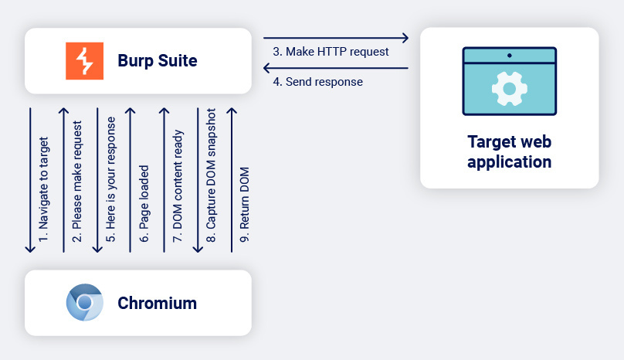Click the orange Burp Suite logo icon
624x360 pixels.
[84, 61]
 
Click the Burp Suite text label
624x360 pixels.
[157, 61]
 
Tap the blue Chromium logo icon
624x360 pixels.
[84, 302]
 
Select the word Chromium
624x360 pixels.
[157, 303]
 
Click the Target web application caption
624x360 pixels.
[509, 151]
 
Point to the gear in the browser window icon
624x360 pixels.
[509, 89]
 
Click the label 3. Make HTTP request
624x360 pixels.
[331, 52]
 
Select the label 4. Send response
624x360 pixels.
[317, 81]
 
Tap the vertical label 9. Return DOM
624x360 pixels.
[245, 212]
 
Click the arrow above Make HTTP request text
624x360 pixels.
[335, 37]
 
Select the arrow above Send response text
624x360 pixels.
[335, 68]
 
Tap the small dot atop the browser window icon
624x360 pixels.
[509, 56]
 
